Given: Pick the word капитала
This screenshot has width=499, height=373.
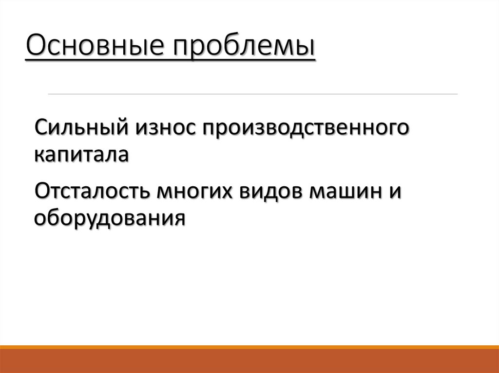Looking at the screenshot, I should (x=81, y=156).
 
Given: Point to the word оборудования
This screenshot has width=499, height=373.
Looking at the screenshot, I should (x=110, y=218).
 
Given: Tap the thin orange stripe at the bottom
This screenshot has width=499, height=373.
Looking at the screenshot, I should (x=249, y=347).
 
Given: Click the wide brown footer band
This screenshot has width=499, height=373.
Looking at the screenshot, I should (x=249, y=361).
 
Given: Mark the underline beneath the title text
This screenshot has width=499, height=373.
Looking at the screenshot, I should (x=171, y=60).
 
